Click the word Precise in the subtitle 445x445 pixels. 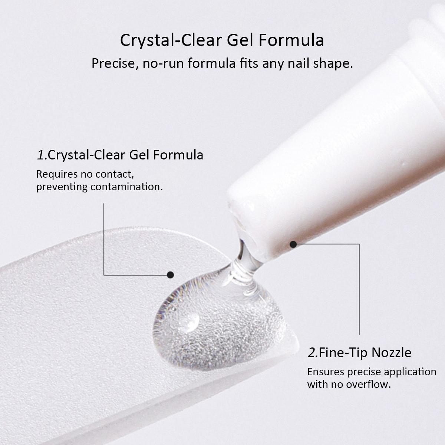point(112,63)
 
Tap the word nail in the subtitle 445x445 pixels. point(299,63)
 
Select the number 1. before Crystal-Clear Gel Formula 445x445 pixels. point(42,155)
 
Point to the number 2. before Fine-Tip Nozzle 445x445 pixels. point(313,352)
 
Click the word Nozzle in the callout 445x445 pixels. point(392,352)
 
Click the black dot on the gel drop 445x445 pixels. point(170,275)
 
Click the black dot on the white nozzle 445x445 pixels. point(293,244)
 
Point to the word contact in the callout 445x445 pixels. point(114,174)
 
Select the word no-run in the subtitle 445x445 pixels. point(163,63)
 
